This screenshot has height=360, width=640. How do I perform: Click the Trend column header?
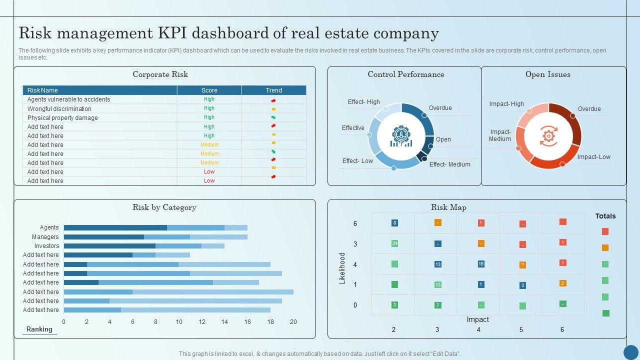click(273, 90)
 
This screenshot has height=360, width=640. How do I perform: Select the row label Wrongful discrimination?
click(59, 109)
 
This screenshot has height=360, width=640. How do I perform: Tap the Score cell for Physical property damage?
click(209, 117)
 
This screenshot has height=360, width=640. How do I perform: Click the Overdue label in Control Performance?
click(440, 108)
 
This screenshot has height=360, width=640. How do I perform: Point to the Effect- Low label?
click(357, 161)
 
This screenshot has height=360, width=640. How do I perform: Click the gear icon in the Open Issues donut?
click(548, 135)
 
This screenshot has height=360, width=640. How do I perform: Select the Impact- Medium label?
click(500, 135)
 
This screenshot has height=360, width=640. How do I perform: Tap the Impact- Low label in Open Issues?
click(593, 157)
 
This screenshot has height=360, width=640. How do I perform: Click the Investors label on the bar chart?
click(46, 246)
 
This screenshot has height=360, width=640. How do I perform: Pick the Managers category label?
click(45, 237)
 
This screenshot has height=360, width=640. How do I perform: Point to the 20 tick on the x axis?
click(293, 322)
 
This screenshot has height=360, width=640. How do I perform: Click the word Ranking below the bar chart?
click(39, 329)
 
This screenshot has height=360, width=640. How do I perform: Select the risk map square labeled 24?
click(394, 243)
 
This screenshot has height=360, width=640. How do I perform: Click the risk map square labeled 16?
click(481, 264)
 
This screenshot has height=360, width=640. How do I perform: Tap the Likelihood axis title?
click(342, 268)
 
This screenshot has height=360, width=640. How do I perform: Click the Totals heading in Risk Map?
click(605, 216)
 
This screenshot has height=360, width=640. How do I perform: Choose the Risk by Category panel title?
click(164, 207)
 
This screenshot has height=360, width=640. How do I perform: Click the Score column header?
click(209, 90)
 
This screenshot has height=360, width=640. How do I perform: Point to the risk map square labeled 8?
click(394, 223)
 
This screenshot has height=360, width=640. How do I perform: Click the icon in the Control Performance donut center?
click(401, 136)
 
